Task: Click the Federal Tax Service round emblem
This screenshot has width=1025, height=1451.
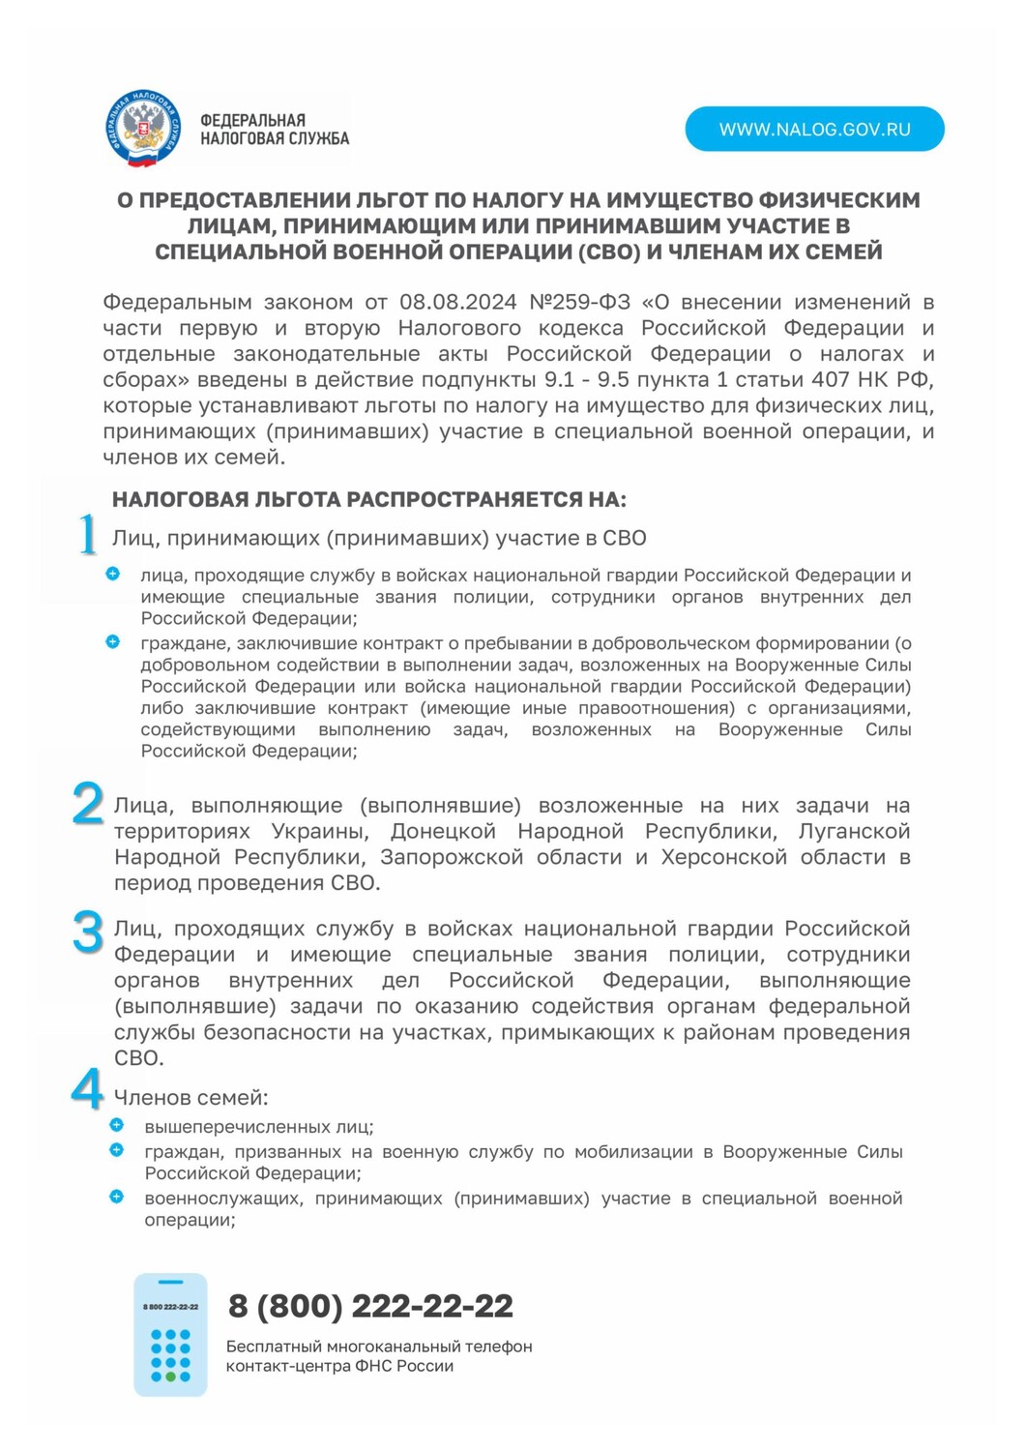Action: point(143,129)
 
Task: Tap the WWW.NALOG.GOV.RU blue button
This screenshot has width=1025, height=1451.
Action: point(814,130)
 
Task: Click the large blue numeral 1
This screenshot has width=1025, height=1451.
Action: point(88,534)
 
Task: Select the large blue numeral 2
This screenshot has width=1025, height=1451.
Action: point(88,804)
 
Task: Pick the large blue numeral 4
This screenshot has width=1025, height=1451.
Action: point(87,1090)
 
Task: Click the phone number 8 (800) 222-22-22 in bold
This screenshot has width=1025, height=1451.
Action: point(370,1307)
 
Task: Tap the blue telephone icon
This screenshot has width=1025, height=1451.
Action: point(170,1334)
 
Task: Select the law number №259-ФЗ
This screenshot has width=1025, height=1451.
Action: point(579,303)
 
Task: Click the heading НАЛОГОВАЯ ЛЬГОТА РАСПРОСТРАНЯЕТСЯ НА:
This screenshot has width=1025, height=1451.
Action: point(369,500)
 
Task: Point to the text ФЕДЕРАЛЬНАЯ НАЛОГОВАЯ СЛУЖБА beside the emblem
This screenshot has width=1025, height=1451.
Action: point(274,130)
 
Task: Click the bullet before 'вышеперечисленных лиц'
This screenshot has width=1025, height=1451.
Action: point(117,1125)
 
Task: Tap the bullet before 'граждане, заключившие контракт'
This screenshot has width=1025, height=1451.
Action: point(113,641)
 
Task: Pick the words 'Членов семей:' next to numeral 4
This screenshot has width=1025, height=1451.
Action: point(191,1098)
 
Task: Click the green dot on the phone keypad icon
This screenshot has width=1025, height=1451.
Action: point(171,1377)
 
